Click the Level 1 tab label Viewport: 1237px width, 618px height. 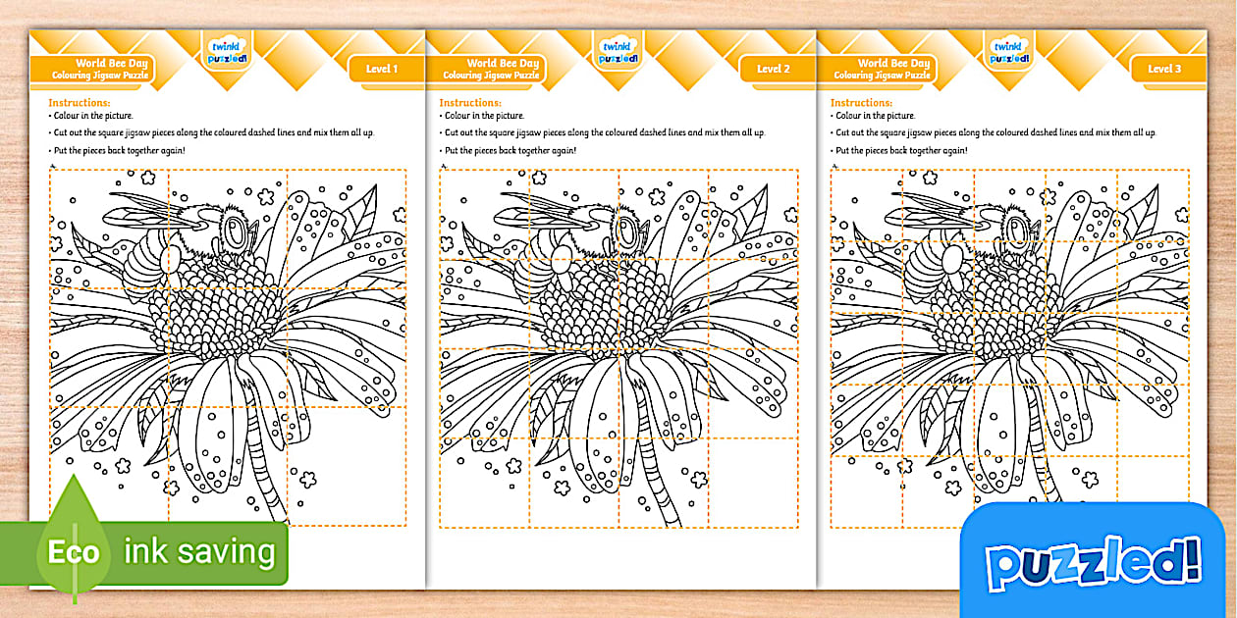382,69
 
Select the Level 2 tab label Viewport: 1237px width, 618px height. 773,69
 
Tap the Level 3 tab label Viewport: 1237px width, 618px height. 1164,69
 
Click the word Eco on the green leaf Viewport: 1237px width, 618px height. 75,552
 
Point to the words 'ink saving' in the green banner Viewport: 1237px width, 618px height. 199,551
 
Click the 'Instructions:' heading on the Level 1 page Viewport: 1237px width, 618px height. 80,102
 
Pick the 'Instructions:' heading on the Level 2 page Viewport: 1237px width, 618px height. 470,102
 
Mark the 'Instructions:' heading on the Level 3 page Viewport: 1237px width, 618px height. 861,102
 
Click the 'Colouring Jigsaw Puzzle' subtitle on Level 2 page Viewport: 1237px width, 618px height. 491,76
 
